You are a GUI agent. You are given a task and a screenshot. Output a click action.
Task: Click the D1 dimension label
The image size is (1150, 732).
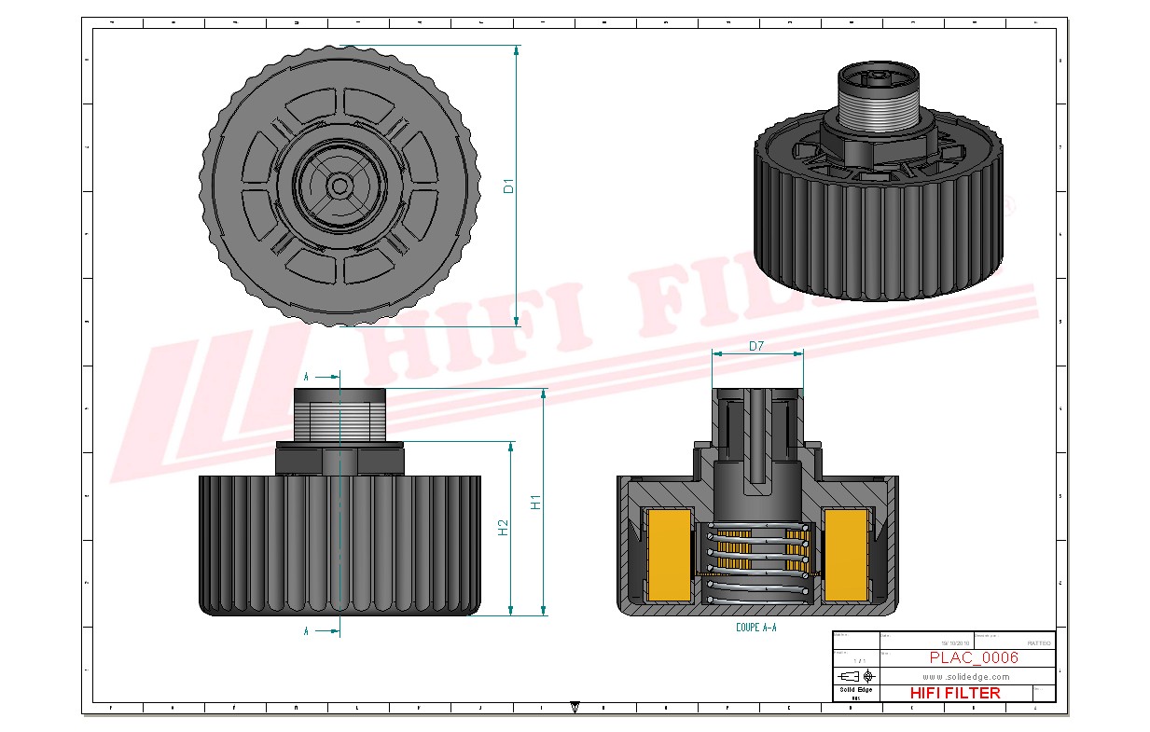click(509, 186)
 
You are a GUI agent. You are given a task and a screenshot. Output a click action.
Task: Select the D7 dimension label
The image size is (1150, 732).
click(756, 346)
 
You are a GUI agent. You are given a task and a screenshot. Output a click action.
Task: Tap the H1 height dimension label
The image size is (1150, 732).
click(536, 502)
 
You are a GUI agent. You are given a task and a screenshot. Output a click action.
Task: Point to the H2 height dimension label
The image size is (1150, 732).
click(504, 528)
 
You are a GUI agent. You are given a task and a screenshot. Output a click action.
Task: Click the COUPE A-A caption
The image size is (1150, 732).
click(755, 628)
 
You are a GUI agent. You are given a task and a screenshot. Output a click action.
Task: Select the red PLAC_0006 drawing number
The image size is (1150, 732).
click(973, 658)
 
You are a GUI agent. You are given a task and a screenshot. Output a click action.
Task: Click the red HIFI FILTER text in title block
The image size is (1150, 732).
click(954, 693)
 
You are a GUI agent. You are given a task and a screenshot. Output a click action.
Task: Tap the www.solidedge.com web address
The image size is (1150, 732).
click(966, 676)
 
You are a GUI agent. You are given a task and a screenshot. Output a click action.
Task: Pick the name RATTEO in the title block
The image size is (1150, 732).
click(1038, 643)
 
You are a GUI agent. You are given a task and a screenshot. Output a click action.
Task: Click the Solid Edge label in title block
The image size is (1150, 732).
click(855, 690)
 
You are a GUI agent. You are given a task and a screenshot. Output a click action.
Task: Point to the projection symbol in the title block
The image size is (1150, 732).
click(856, 675)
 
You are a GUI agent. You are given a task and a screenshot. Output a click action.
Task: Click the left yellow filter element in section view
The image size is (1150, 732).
click(669, 555)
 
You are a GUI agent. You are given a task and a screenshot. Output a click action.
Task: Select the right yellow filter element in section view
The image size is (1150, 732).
click(847, 555)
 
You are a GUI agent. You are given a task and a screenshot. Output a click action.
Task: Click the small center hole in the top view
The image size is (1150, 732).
click(339, 186)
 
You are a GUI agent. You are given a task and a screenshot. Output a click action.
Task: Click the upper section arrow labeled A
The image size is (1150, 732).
click(322, 377)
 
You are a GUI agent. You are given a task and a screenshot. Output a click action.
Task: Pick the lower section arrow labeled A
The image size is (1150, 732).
click(322, 631)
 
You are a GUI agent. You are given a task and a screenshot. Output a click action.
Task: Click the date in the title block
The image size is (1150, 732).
click(955, 643)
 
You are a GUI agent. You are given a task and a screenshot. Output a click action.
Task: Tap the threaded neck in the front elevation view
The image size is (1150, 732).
click(339, 415)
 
